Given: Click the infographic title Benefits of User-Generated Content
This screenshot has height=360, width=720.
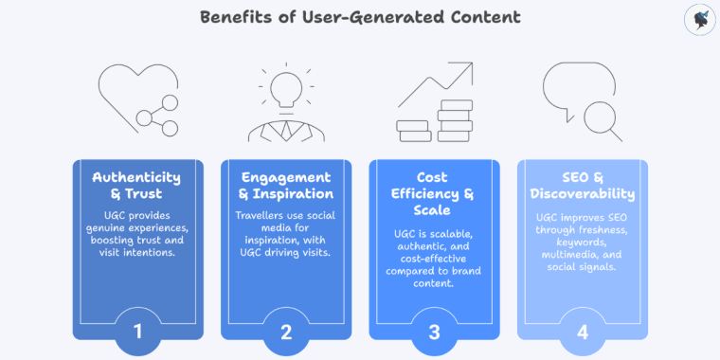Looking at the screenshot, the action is coord(360,17).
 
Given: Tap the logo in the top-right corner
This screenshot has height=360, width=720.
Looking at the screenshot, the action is coord(698,20).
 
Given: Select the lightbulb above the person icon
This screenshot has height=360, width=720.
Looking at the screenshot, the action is coord(286,86).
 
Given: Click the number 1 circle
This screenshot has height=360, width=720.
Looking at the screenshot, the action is coord(138,331).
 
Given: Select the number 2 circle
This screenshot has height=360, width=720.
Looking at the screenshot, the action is coord(286,331).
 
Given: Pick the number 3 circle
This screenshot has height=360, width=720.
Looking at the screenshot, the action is coord(434,331).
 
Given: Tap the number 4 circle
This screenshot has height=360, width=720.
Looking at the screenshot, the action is coord(582,331).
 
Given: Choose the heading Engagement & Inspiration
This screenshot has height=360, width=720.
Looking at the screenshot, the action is coord(286,186).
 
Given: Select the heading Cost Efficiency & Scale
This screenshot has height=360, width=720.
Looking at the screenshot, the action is coord(434,194).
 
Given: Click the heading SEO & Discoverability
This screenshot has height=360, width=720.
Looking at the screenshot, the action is coord(582,186).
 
